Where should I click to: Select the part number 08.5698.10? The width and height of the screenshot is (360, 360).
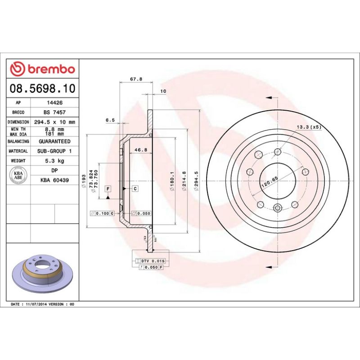point(42,88)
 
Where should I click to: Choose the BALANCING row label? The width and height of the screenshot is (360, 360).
point(18,141)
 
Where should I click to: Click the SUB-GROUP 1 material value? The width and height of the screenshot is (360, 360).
point(54,151)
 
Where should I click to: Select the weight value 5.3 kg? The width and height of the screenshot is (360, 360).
point(54,161)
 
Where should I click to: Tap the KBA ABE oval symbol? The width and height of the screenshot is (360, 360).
point(19,175)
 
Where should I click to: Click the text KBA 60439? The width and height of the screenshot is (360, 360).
point(54,180)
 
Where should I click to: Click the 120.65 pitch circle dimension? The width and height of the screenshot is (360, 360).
point(269,183)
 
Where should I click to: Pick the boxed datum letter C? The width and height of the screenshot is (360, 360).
point(135,188)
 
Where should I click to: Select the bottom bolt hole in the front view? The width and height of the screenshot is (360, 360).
point(278,207)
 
